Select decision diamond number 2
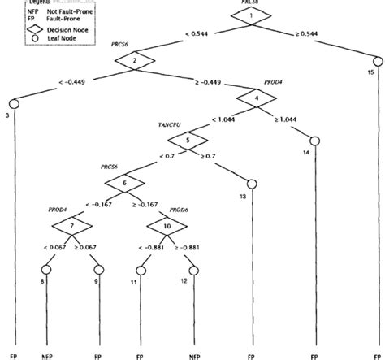tap(136, 62)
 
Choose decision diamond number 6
tap(124, 184)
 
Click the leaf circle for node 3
tap(14, 103)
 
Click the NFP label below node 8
tap(45, 355)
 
